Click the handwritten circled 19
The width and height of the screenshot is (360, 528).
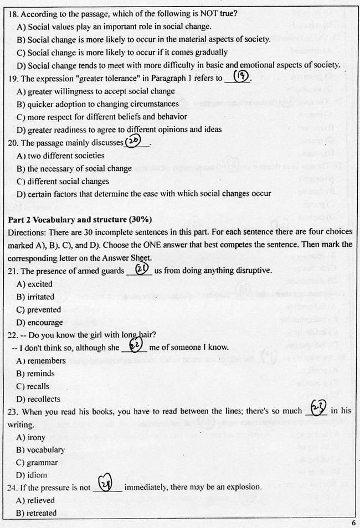pos(241,77)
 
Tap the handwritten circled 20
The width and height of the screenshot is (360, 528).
pos(133,142)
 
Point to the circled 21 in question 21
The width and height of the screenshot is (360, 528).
pos(142,269)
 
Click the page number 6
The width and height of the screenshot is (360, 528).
pos(353,522)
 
